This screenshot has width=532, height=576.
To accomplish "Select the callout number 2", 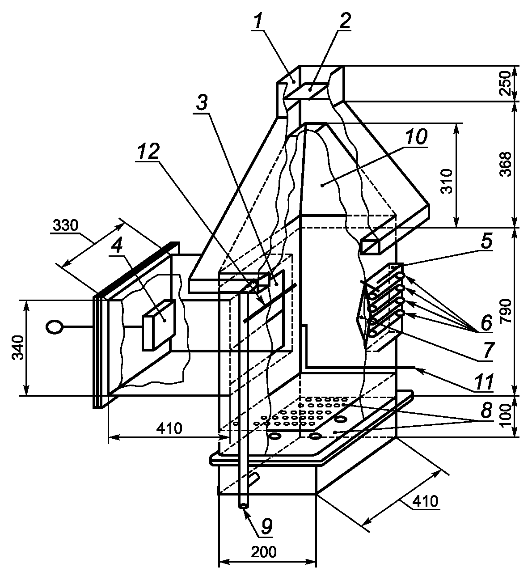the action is click(x=344, y=20).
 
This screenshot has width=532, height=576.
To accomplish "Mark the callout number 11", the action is click(x=484, y=382).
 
